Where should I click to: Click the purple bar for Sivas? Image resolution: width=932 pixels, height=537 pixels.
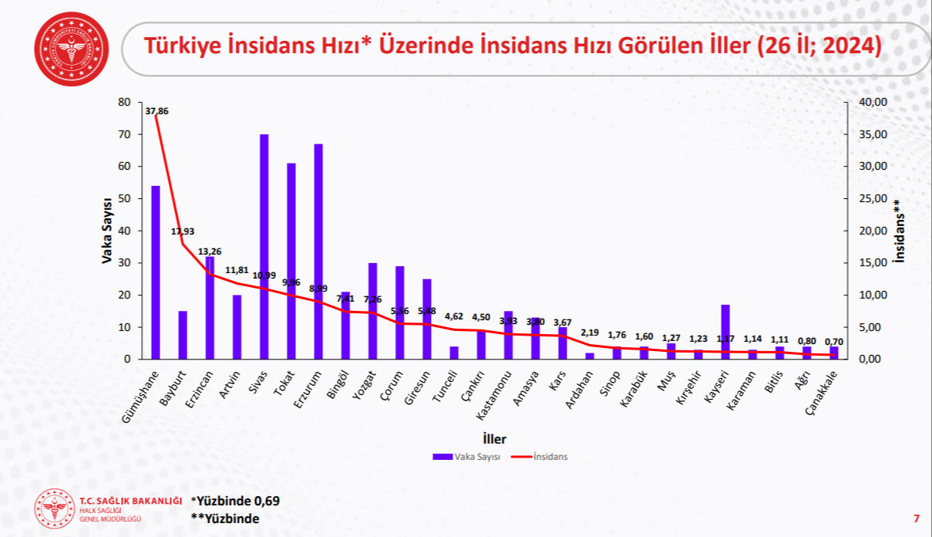[x=264, y=247]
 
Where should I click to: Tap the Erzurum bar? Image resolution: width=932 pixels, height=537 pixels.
[x=318, y=252]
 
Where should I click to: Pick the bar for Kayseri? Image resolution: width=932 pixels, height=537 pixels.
[x=725, y=332]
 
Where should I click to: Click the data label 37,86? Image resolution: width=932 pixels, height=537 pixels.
[x=156, y=111]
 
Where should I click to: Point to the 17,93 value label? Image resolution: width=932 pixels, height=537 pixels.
[x=183, y=231]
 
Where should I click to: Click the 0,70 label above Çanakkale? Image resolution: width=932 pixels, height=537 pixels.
[x=834, y=342]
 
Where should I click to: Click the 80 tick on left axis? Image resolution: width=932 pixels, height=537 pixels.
[x=124, y=102]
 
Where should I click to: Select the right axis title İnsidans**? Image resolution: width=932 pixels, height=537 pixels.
[x=898, y=231]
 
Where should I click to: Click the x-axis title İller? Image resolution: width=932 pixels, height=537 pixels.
[x=494, y=439]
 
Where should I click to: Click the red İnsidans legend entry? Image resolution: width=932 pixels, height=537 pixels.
[x=540, y=457]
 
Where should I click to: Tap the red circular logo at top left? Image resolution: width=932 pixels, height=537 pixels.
[x=71, y=49]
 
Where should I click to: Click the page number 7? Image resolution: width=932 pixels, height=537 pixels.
[x=916, y=518]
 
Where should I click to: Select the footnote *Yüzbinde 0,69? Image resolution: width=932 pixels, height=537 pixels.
[x=235, y=501]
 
